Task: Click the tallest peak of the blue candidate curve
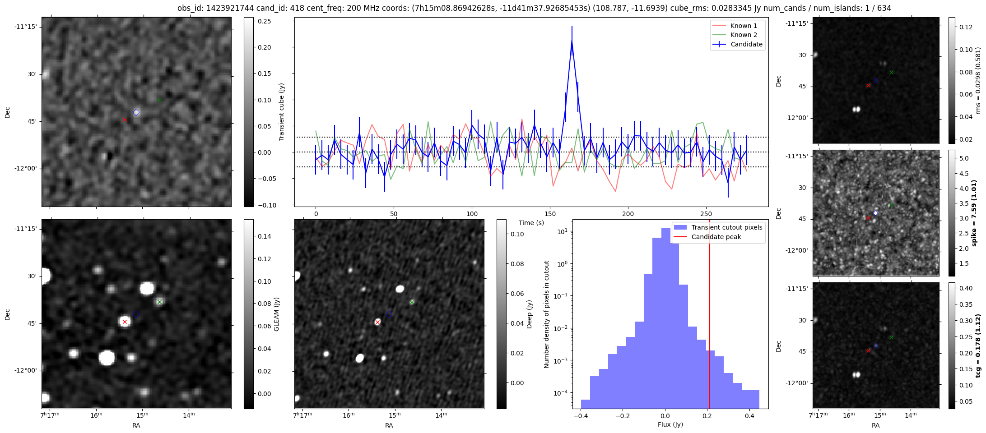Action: click(x=572, y=40)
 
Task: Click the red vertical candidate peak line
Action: click(x=710, y=316)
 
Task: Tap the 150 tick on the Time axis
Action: click(x=550, y=214)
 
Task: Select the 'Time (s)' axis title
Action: click(x=531, y=223)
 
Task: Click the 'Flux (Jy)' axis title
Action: click(x=670, y=424)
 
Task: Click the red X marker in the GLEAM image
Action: click(x=125, y=322)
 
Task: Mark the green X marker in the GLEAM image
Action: click(x=159, y=302)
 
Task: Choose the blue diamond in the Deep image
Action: click(x=389, y=314)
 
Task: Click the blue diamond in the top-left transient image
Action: click(x=136, y=112)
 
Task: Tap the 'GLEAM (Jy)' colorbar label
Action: click(x=277, y=314)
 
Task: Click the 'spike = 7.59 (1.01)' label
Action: click(x=974, y=213)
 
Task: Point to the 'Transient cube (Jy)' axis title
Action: click(x=282, y=112)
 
